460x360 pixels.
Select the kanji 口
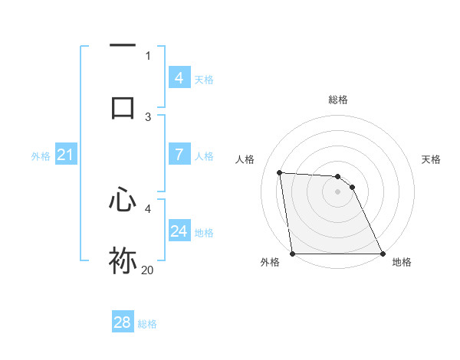pyautogui.click(x=123, y=106)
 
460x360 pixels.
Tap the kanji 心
pyautogui.click(x=123, y=200)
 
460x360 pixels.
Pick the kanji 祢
pyautogui.click(x=123, y=260)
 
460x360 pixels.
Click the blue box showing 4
pyautogui.click(x=179, y=77)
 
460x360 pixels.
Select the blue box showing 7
pyautogui.click(x=179, y=155)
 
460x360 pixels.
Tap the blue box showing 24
pyautogui.click(x=179, y=231)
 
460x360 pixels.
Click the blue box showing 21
pyautogui.click(x=65, y=155)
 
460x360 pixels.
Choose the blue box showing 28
pyautogui.click(x=123, y=322)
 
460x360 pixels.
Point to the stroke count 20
pyautogui.click(x=148, y=270)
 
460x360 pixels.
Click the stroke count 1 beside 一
pyautogui.click(x=148, y=55)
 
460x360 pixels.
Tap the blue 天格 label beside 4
pyautogui.click(x=203, y=80)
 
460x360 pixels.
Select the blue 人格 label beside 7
pyautogui.click(x=203, y=156)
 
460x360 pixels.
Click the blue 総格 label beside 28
pyautogui.click(x=147, y=324)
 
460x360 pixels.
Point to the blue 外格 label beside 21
pyautogui.click(x=41, y=156)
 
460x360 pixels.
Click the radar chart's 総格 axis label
pyautogui.click(x=337, y=100)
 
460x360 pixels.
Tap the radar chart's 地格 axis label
pyautogui.click(x=402, y=263)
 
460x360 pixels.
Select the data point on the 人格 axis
pyautogui.click(x=280, y=172)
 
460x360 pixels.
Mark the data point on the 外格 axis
pyautogui.click(x=292, y=254)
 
